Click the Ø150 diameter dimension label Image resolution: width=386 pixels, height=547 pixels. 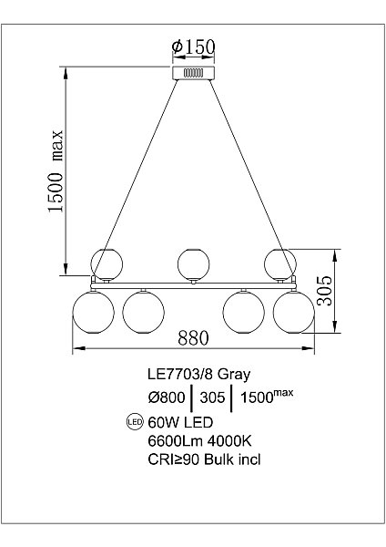click(x=193, y=46)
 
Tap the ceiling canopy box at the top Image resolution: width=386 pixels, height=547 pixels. click(x=194, y=73)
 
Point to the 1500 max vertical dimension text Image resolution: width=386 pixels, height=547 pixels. click(x=56, y=171)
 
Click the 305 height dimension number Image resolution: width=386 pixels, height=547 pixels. click(x=324, y=291)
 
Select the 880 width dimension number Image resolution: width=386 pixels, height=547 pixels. click(x=193, y=337)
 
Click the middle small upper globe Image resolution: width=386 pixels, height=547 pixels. click(x=193, y=264)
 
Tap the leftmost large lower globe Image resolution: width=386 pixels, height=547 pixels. click(x=93, y=313)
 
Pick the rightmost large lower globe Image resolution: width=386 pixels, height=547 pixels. click(x=294, y=313)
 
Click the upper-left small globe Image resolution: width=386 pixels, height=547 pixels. click(x=107, y=264)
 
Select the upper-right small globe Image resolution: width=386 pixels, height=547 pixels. click(x=280, y=264)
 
